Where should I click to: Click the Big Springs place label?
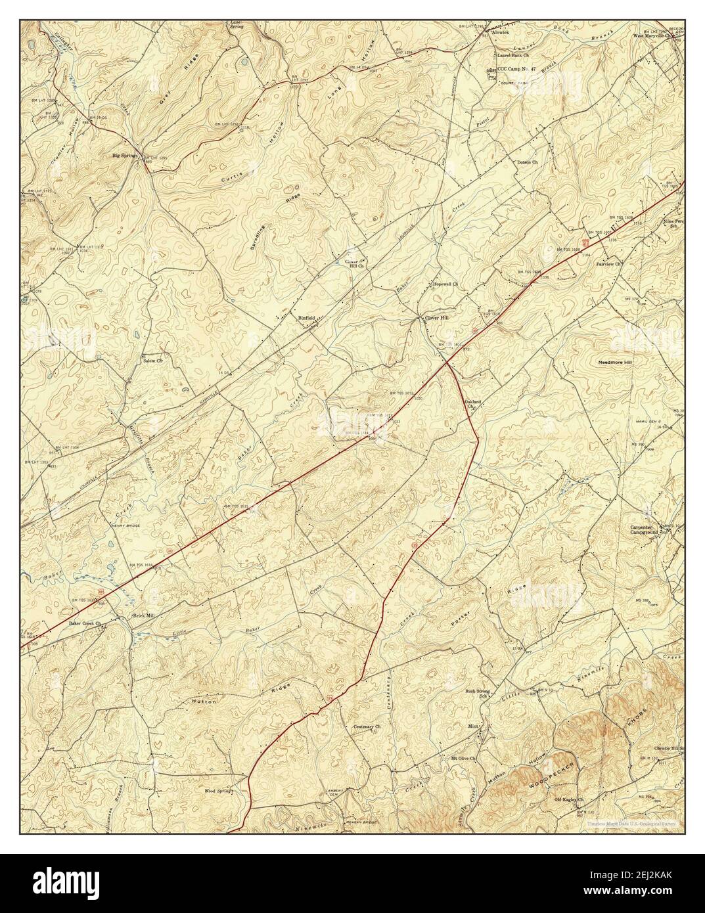tap(125, 156)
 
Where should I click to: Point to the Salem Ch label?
tap(152, 361)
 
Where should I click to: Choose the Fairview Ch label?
tap(608, 264)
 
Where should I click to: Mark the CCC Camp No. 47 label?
tap(516, 68)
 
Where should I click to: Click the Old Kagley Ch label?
tap(569, 799)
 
